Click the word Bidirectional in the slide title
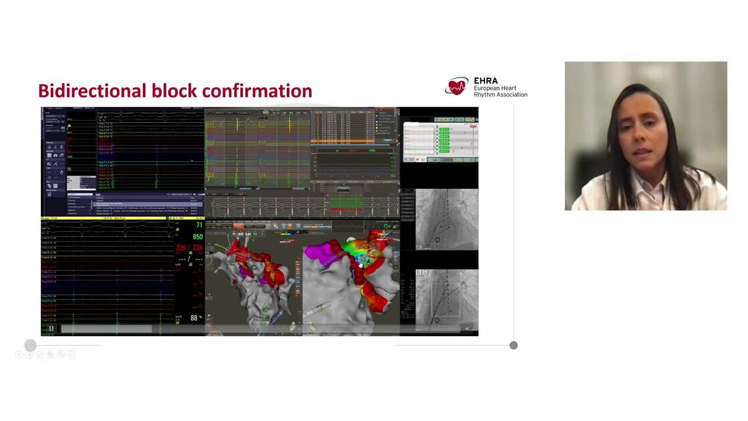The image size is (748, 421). [x=92, y=91]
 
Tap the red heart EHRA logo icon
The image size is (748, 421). [x=457, y=86]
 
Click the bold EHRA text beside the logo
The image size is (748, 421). [x=486, y=81]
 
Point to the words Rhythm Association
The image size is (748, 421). [x=500, y=94]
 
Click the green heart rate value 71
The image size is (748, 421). [x=198, y=227]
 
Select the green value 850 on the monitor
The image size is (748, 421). [x=198, y=237]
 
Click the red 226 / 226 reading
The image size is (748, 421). [x=189, y=248]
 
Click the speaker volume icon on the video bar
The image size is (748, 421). [x=467, y=328]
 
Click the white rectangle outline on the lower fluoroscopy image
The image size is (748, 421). [x=445, y=299]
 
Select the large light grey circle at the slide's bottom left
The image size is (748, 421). [x=30, y=345]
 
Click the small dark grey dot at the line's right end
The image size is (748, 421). [x=514, y=345]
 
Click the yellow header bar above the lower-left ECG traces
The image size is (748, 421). [x=107, y=219]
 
